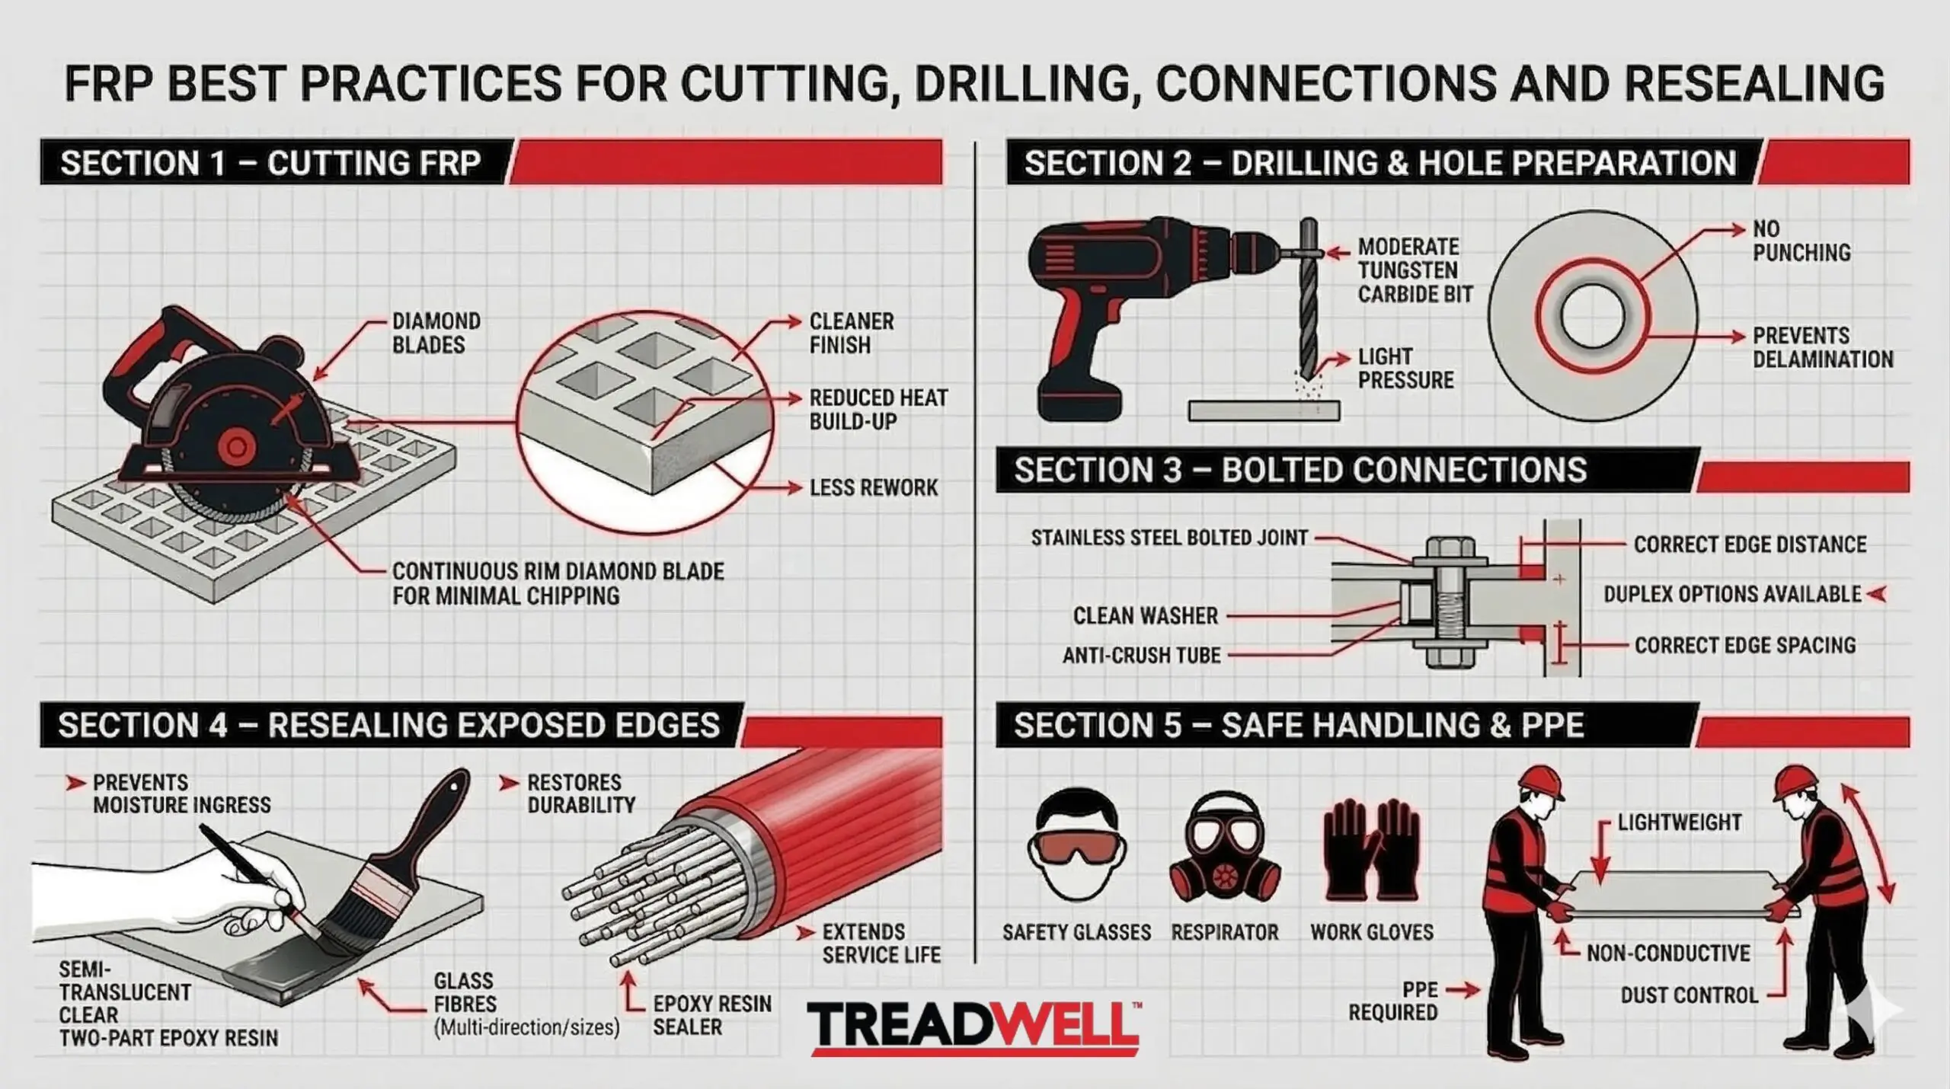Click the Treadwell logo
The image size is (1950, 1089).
pyautogui.click(x=973, y=1027)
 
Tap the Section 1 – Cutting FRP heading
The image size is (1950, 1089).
pyautogui.click(x=270, y=163)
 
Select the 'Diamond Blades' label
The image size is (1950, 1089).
pyautogui.click(x=436, y=333)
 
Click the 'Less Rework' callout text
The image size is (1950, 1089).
pyautogui.click(x=874, y=487)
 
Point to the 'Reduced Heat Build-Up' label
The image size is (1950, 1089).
pyautogui.click(x=878, y=409)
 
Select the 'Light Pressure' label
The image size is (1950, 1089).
pyautogui.click(x=1406, y=368)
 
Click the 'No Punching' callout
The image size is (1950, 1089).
pyautogui.click(x=1801, y=241)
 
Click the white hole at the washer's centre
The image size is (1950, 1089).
pyautogui.click(x=1592, y=317)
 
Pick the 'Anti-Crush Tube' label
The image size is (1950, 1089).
pyautogui.click(x=1142, y=655)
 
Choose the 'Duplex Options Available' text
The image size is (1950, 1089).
pyautogui.click(x=1732, y=594)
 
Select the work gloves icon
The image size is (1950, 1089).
pyautogui.click(x=1372, y=851)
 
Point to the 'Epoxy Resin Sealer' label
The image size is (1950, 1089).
pyautogui.click(x=711, y=1015)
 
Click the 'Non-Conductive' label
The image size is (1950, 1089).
pyautogui.click(x=1668, y=953)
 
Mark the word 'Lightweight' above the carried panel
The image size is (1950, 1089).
pyautogui.click(x=1680, y=822)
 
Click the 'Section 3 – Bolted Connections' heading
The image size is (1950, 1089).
pyautogui.click(x=1300, y=470)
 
